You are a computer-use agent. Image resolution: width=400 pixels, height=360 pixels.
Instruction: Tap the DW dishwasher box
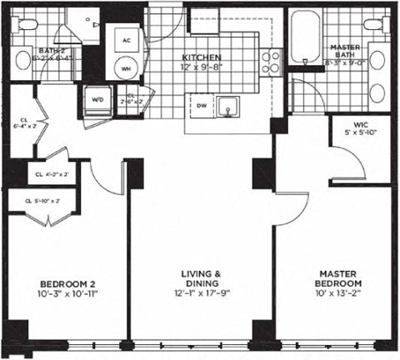pyautogui.click(x=200, y=106)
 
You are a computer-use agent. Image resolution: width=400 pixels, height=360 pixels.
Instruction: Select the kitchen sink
pyautogui.click(x=227, y=107)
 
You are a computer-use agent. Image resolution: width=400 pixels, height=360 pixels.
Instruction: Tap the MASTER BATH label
pyautogui.click(x=345, y=52)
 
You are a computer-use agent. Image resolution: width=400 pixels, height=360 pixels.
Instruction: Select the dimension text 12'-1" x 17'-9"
pyautogui.click(x=201, y=293)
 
